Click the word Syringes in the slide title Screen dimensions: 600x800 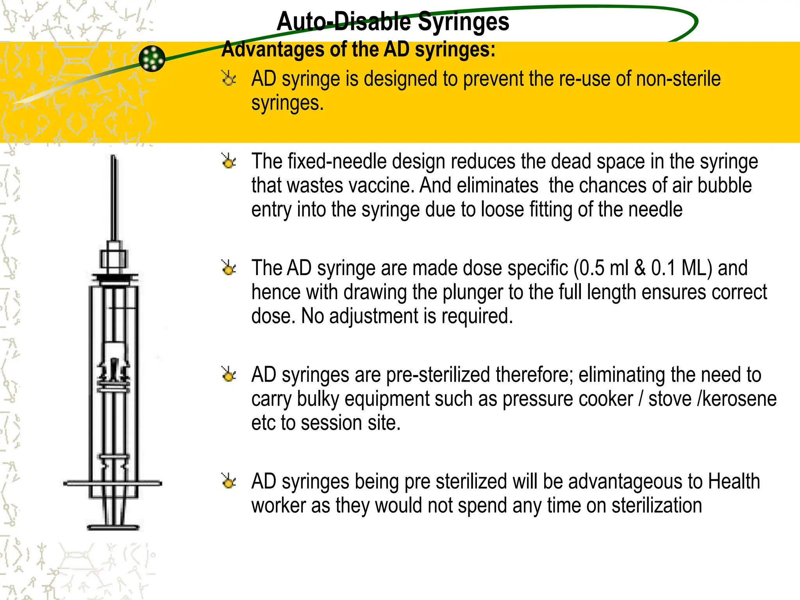pos(463,21)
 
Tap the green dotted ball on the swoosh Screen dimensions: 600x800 pos(152,59)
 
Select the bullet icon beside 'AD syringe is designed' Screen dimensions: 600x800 pos(229,79)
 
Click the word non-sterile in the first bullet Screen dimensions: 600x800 pos(678,79)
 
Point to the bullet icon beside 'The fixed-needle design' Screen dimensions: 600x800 pos(229,161)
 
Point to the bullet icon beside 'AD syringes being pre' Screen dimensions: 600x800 pos(229,481)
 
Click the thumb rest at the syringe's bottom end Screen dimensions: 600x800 pos(113,527)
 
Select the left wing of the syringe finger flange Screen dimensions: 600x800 pos(76,484)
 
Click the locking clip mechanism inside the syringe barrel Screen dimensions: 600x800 pos(113,371)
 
